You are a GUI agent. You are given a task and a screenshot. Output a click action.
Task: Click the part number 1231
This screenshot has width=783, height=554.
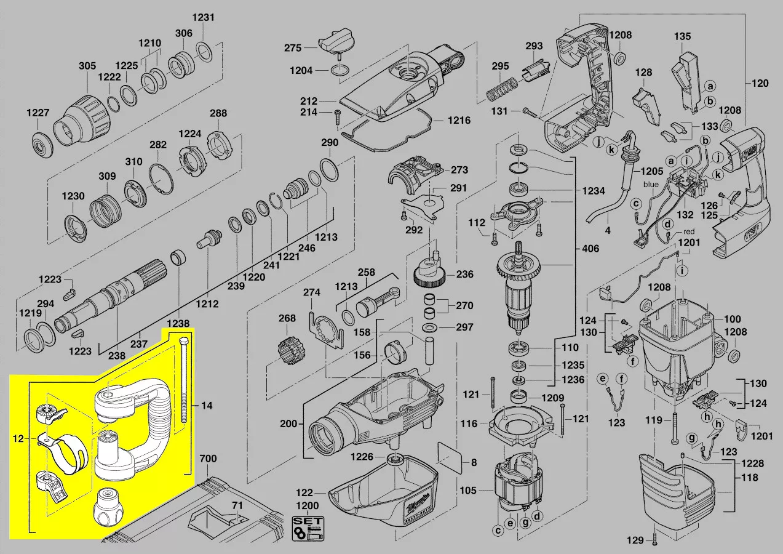203,17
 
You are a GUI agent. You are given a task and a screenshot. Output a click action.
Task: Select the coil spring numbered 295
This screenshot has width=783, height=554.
501,89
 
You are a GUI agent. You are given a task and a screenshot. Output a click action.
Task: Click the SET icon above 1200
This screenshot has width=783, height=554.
307,528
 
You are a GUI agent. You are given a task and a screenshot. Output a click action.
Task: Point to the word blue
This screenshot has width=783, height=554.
651,184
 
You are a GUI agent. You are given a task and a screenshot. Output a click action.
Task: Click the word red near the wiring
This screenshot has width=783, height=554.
689,232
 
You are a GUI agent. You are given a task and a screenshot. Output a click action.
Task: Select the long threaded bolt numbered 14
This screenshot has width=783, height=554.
183,382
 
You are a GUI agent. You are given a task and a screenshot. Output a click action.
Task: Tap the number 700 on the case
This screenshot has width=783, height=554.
209,459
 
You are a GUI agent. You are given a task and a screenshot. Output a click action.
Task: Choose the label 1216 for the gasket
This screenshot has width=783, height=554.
459,121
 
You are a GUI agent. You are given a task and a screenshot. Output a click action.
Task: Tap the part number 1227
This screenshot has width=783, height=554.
38,113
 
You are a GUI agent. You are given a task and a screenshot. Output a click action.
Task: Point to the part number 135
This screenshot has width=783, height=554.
682,36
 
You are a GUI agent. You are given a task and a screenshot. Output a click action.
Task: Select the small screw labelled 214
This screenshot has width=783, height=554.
337,116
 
